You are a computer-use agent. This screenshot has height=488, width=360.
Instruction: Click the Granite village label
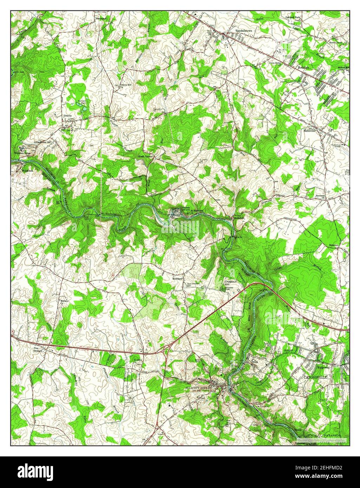click(x=67, y=115)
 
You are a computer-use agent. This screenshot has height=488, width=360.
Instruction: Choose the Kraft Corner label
click(x=146, y=157)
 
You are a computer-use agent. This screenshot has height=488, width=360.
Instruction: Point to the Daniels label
click(x=186, y=207)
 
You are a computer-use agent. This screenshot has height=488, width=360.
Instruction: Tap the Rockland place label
click(x=177, y=278)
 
